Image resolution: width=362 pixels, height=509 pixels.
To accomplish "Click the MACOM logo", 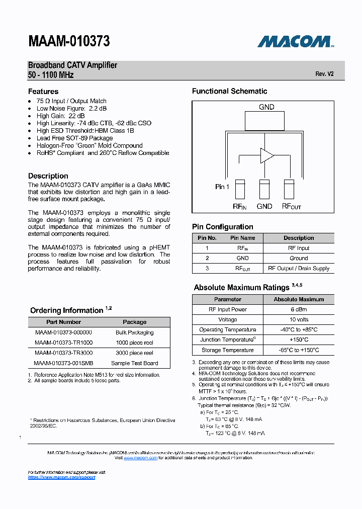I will pos(296,41).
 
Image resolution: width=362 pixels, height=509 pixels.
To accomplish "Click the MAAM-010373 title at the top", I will pos(69,41).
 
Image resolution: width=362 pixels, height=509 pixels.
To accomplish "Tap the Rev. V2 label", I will pos(324,74).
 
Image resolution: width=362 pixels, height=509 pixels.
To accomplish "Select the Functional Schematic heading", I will pos(229,91).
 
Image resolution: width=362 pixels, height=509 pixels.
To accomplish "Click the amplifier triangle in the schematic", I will pos(266,155).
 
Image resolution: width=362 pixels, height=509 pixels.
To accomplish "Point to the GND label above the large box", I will pos(266,107).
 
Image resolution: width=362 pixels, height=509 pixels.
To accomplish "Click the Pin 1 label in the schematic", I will pos(222,187).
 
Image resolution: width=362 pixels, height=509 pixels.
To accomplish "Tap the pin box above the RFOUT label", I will pos(289,190).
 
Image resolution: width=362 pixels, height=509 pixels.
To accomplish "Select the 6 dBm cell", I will pos(299,309).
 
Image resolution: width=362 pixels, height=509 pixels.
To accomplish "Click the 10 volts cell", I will pos(299,319).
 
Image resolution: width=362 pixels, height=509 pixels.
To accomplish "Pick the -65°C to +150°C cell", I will pos(299,350).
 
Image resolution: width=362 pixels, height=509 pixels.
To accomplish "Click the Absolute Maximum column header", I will pos(299,299).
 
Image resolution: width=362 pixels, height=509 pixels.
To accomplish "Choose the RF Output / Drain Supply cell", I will pos(299,268).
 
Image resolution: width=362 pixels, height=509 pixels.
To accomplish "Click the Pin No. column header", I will pos(207,238).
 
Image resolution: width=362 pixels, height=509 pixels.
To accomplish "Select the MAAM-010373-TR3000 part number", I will pos(63,353).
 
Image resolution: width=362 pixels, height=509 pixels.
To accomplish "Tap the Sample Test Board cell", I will pos(135,363).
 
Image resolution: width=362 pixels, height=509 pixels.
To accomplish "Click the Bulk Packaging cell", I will pos(135,332).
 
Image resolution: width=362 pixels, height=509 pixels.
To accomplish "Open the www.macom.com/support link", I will pos(61,477).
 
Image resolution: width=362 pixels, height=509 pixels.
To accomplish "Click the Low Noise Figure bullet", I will pos(71,108).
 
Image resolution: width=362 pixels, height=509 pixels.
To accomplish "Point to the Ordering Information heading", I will pos(67,310).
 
